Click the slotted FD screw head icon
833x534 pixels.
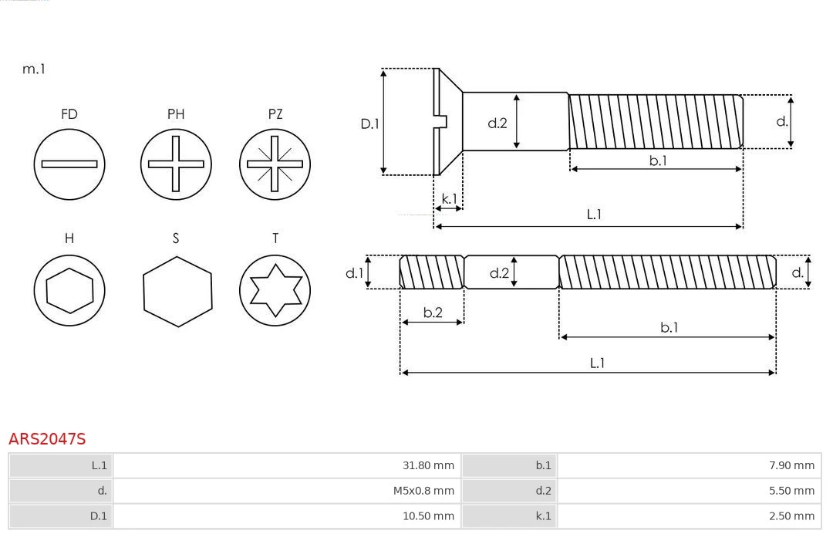click(x=69, y=164)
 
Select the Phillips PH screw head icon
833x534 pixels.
click(x=176, y=164)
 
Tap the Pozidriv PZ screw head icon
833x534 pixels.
click(x=275, y=164)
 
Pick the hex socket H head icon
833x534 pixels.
click(x=69, y=290)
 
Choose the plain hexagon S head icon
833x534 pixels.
click(x=177, y=292)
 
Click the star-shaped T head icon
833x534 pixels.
click(x=275, y=290)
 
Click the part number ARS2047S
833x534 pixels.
click(x=47, y=439)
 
